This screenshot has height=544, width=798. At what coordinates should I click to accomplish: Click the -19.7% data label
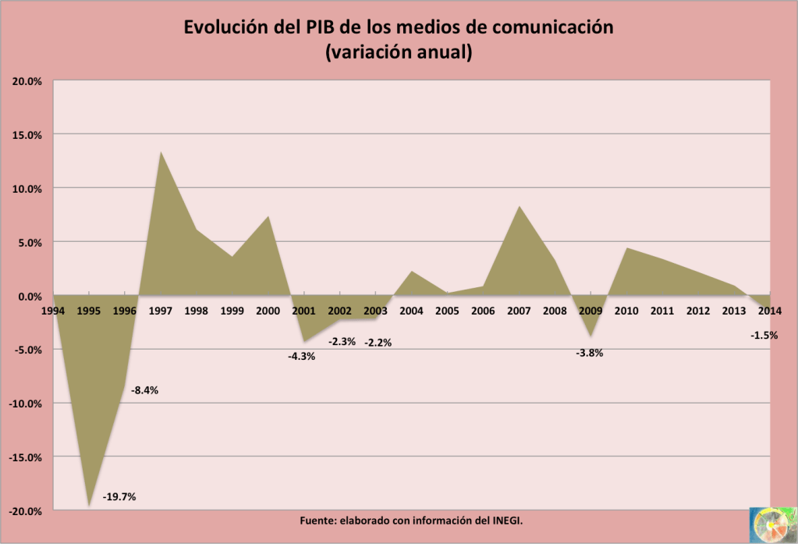119,496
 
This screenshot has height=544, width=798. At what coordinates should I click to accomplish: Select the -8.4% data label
144,390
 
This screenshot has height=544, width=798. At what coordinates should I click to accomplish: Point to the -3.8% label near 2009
589,353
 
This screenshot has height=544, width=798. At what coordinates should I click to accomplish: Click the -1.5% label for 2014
764,336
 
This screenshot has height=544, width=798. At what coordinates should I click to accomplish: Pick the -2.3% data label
342,341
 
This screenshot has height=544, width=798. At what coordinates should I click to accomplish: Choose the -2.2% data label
378,342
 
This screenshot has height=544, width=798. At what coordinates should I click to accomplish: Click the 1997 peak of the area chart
161,152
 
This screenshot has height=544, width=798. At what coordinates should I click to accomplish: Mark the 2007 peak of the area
519,207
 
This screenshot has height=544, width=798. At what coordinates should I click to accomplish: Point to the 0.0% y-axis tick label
28,296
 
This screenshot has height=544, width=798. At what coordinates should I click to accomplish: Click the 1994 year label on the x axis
53,311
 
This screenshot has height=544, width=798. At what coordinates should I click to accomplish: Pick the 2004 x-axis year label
411,311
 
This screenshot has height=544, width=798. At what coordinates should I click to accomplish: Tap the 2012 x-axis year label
698,311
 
